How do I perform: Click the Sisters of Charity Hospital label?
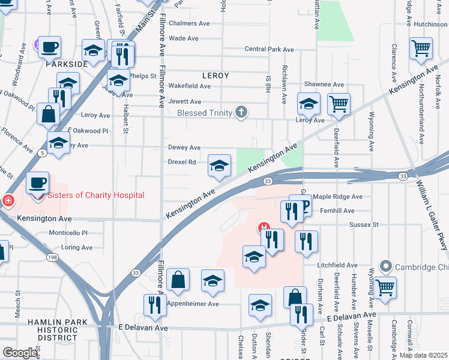click(95, 195)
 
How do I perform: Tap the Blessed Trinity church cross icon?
click(241, 112)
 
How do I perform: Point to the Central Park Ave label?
click(269, 49)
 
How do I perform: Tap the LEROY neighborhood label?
click(215, 76)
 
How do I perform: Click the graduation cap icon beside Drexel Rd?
click(219, 165)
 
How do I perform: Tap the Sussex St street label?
click(365, 224)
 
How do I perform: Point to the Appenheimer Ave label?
click(193, 304)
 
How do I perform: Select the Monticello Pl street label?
click(68, 233)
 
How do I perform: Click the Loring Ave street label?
click(76, 247)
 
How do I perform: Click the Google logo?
click(19, 353)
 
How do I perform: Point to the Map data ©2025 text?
click(423, 355)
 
